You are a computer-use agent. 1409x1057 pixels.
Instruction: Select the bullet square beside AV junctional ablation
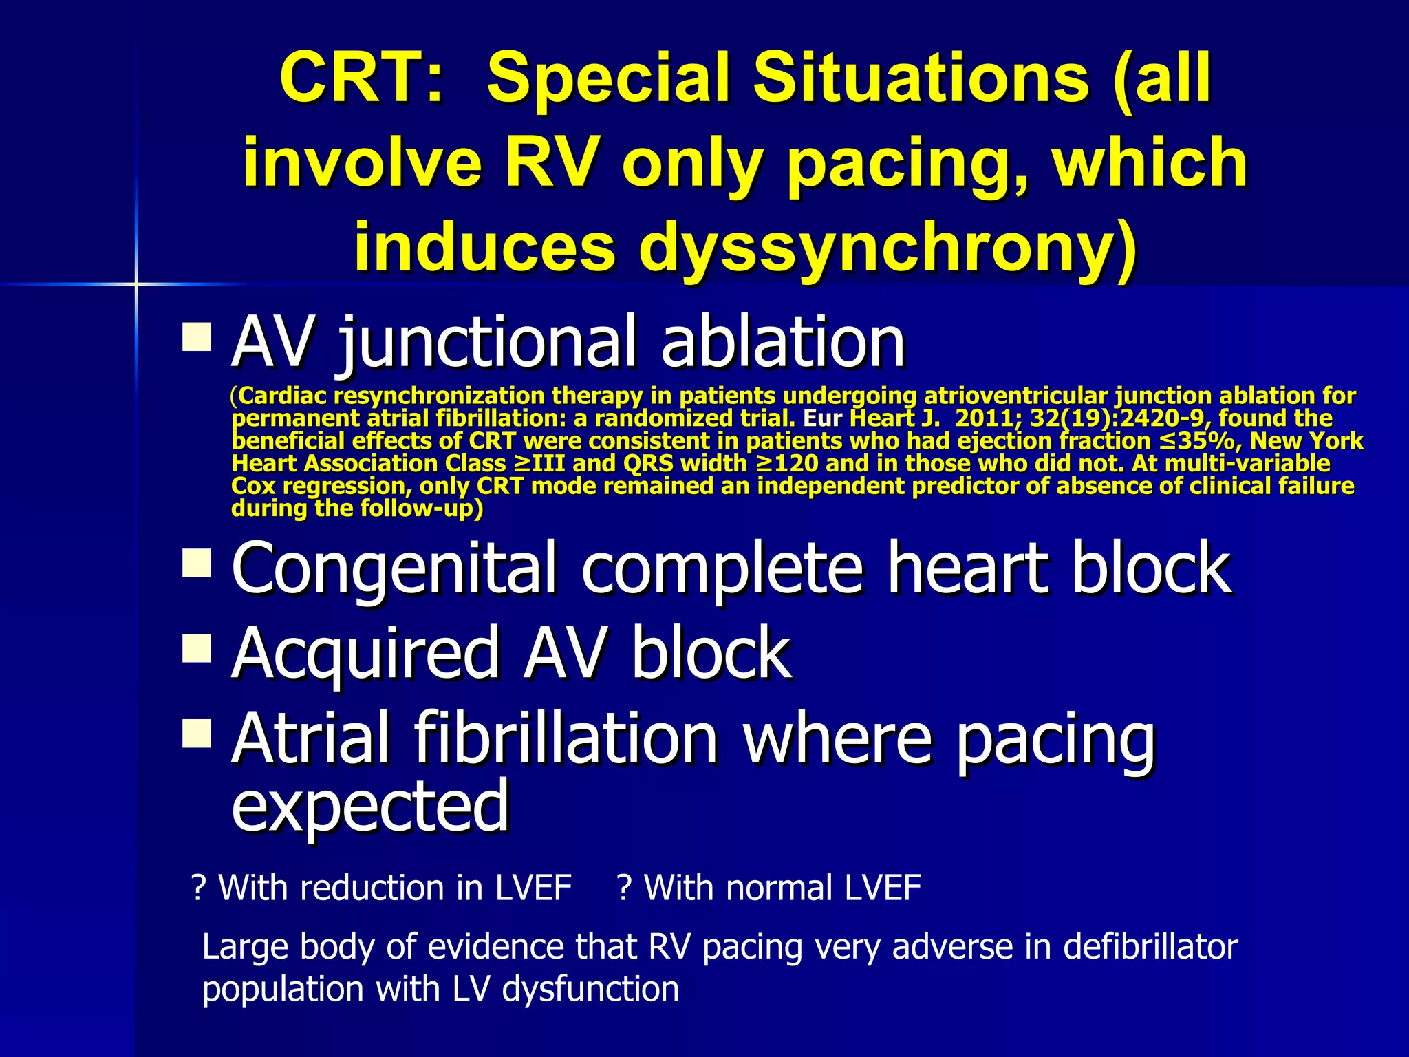coord(197,338)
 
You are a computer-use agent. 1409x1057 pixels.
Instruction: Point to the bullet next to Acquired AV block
coord(197,648)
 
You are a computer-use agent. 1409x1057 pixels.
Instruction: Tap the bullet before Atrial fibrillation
coord(197,734)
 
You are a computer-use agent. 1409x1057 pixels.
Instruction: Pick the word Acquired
coord(365,654)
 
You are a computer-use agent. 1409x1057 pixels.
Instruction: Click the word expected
coord(370,805)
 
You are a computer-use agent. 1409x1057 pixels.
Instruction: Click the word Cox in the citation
coord(252,486)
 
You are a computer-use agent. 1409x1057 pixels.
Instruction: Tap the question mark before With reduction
coord(200,888)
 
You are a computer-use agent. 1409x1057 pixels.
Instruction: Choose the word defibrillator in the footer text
coord(1150,947)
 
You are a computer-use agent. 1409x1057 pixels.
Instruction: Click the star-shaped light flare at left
coord(136,284)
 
